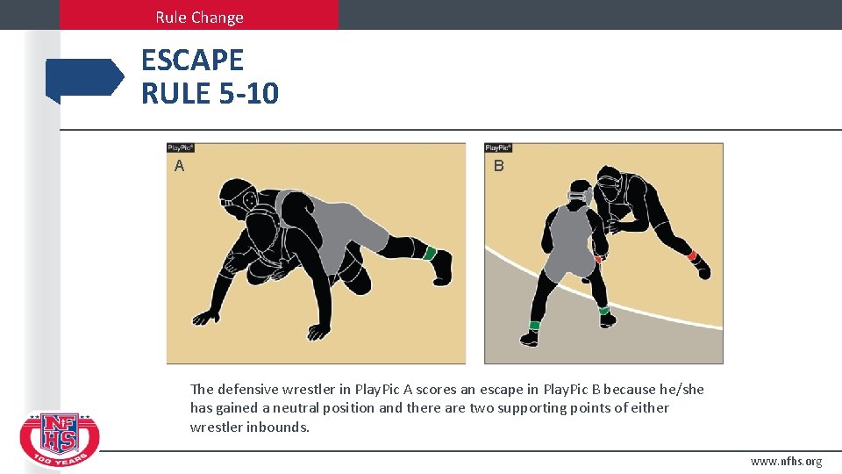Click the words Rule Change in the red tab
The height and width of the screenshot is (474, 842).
pyautogui.click(x=199, y=17)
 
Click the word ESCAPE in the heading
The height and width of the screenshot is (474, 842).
pyautogui.click(x=192, y=61)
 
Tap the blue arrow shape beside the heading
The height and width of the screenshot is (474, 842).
pyautogui.click(x=85, y=79)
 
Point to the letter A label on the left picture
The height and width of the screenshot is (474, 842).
pyautogui.click(x=179, y=165)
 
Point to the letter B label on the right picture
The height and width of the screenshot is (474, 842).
pyautogui.click(x=498, y=165)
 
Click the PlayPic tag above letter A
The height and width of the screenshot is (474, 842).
pyautogui.click(x=181, y=148)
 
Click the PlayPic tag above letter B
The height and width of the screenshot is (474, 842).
pyautogui.click(x=498, y=148)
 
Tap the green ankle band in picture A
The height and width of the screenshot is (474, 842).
pyautogui.click(x=429, y=254)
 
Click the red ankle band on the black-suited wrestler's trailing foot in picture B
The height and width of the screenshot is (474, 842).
pyautogui.click(x=692, y=256)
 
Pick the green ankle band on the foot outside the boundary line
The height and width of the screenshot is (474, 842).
pyautogui.click(x=533, y=326)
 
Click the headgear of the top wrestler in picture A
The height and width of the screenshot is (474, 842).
pyautogui.click(x=237, y=197)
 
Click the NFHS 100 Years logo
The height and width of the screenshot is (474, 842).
pyautogui.click(x=60, y=440)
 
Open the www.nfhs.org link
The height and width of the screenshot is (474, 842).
pyautogui.click(x=786, y=461)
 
